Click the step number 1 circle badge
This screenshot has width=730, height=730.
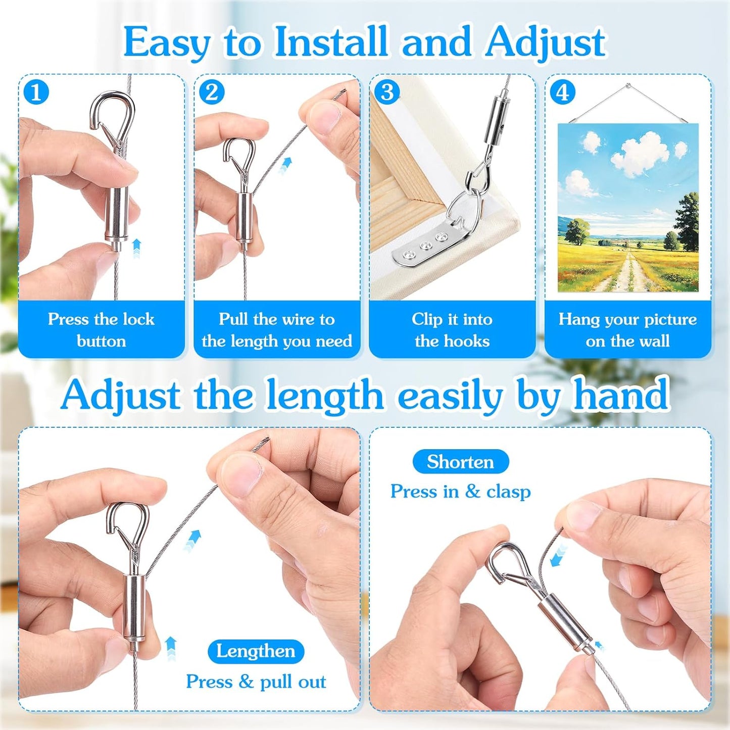36,92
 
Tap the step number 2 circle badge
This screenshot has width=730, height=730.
211,92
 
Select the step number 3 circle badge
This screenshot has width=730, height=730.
387,92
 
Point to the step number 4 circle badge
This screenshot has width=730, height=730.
562,92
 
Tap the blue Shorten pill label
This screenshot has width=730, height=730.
460,462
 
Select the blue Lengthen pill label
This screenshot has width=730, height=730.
256,651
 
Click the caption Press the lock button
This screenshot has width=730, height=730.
101,330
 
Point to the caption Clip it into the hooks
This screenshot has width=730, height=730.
452,330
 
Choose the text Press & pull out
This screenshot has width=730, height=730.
256,682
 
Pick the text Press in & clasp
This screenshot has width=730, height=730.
460,491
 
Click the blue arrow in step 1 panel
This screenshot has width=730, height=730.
136,248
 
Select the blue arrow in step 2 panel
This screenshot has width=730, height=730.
286,165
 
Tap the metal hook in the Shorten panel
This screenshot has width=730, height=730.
505,561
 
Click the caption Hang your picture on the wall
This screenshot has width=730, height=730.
627,330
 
